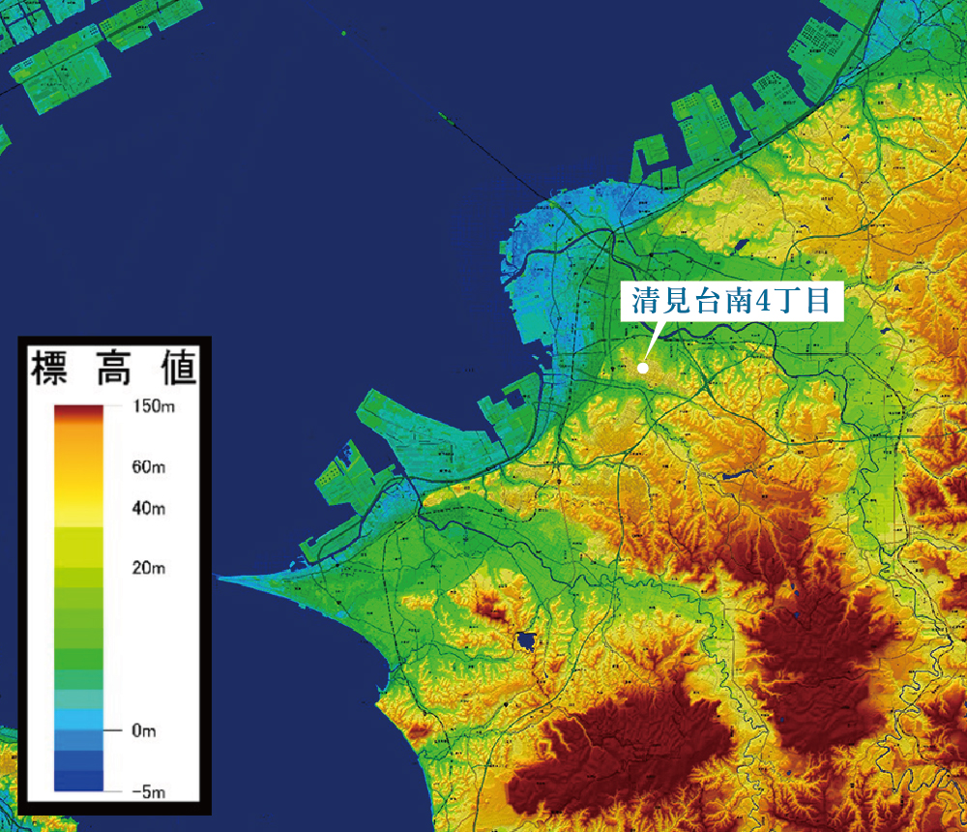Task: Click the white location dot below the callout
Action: (643, 368)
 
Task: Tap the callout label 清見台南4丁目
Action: (732, 300)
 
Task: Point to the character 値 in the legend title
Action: (176, 369)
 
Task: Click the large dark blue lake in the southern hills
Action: (526, 640)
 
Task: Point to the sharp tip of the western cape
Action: (219, 578)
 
